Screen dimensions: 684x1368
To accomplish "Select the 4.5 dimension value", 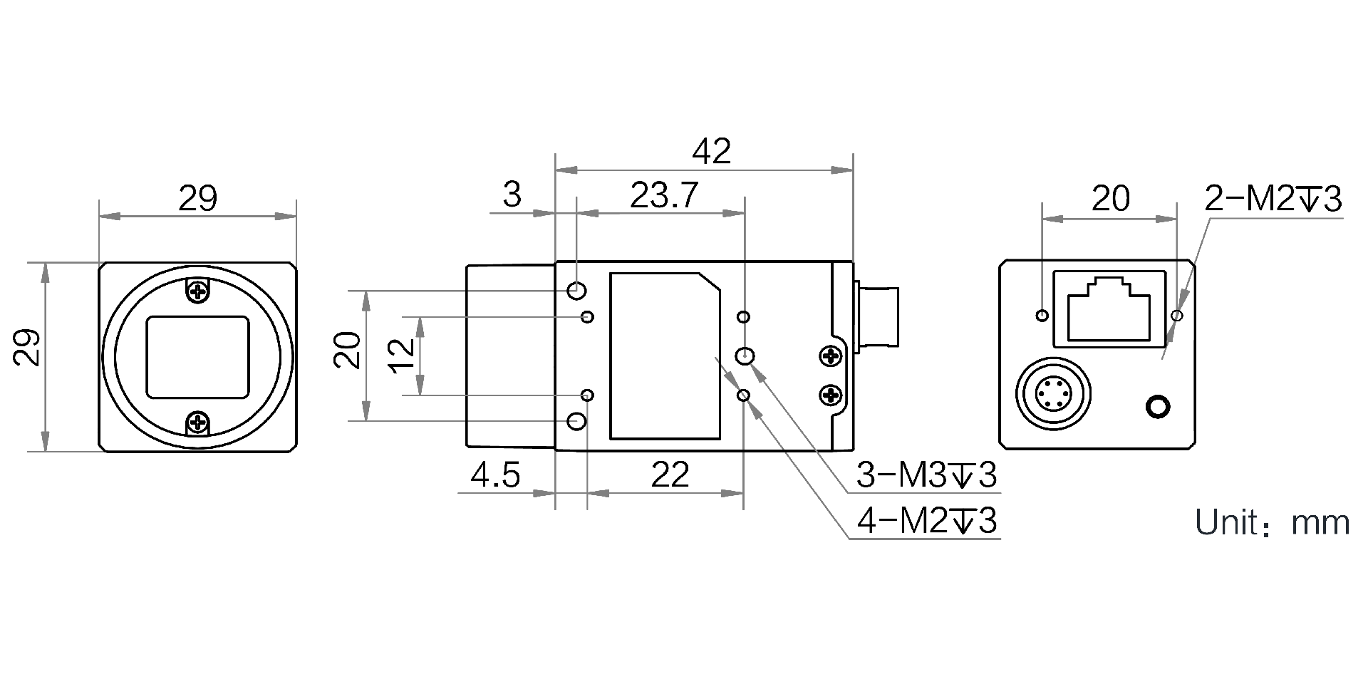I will click(496, 475).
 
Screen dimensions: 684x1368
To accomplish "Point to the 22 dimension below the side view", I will click(670, 475).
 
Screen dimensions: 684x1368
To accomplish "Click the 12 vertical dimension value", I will click(403, 356).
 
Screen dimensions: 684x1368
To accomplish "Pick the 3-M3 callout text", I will click(926, 476).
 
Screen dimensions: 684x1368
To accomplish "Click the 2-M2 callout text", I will click(1273, 199).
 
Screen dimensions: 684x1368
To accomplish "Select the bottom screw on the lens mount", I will click(197, 423).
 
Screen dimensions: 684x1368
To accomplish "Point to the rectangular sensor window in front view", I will click(197, 357).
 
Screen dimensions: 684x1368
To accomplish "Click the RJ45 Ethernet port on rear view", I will click(1109, 308).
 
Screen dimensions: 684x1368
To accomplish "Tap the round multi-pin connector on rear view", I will click(1052, 393).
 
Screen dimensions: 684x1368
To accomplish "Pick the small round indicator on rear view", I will click(1158, 407).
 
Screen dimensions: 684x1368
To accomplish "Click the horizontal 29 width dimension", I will click(197, 199).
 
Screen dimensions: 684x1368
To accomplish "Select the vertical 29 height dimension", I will click(27, 347).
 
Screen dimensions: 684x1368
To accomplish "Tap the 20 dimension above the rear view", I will click(1110, 199).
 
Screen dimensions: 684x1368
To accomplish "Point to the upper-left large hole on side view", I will click(577, 291).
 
